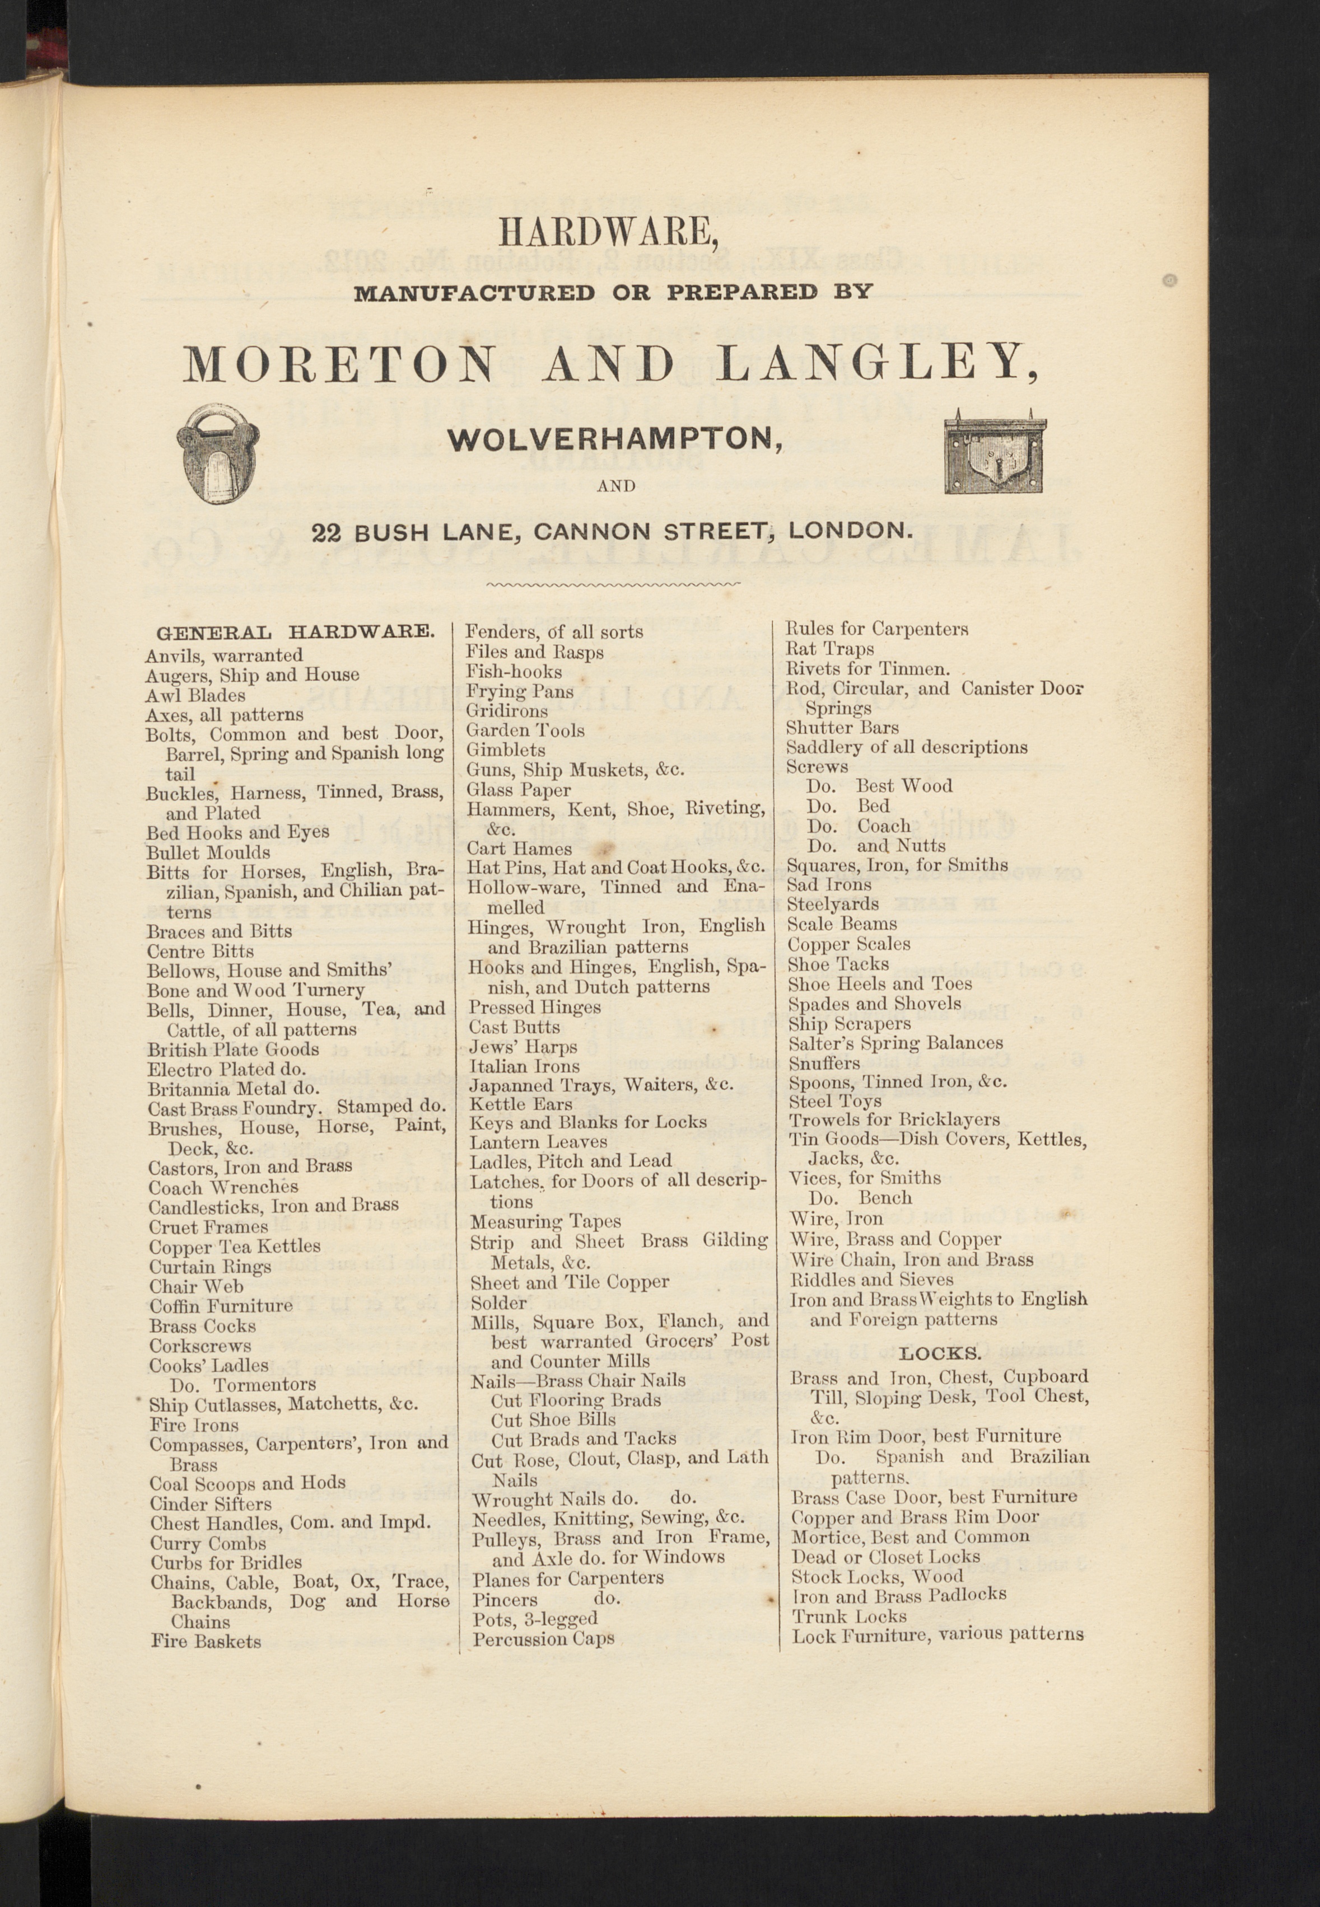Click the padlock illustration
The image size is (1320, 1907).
(218, 453)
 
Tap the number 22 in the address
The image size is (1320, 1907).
(326, 532)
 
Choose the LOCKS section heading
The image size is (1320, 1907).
(940, 1354)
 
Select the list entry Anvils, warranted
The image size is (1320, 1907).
(224, 655)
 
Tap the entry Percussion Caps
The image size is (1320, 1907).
(543, 1638)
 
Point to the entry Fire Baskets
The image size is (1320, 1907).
(206, 1641)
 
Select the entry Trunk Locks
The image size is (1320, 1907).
(850, 1616)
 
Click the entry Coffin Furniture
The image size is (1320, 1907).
(221, 1306)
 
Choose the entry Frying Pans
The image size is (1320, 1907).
(519, 691)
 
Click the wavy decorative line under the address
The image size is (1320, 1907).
(614, 584)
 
